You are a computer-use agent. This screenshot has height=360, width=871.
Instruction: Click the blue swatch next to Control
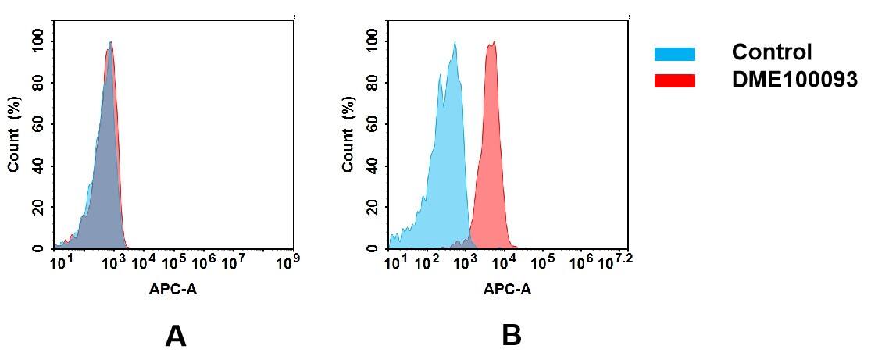point(674,54)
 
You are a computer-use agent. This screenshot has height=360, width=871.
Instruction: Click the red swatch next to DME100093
point(674,80)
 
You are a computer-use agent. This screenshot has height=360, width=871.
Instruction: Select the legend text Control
point(771,53)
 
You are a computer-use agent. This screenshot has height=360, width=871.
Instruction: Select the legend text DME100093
point(794,80)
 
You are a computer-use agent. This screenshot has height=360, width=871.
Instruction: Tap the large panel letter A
point(176,336)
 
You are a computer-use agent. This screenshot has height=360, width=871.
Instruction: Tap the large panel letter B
point(511,336)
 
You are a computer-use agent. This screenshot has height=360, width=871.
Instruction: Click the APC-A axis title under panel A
point(173,289)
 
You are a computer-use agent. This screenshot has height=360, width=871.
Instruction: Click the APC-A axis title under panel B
point(507,289)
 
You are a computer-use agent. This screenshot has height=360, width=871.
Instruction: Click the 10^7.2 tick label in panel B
point(613,260)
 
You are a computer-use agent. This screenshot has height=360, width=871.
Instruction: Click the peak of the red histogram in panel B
point(492,43)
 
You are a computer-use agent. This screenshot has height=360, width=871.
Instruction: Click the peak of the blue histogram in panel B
point(454,43)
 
